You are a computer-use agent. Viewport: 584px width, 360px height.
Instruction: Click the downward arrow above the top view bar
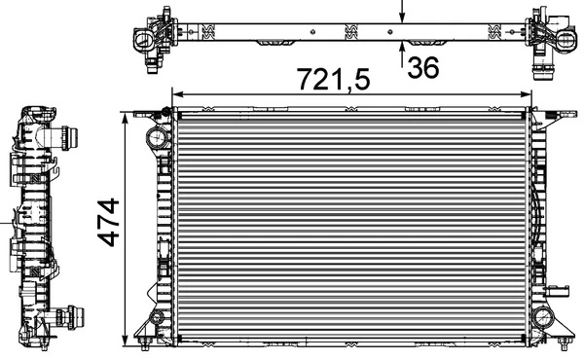pos(404,12)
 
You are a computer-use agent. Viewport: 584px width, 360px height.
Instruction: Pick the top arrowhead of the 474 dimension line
pos(126,118)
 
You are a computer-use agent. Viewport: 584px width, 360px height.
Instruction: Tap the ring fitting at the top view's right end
pos(563,39)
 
